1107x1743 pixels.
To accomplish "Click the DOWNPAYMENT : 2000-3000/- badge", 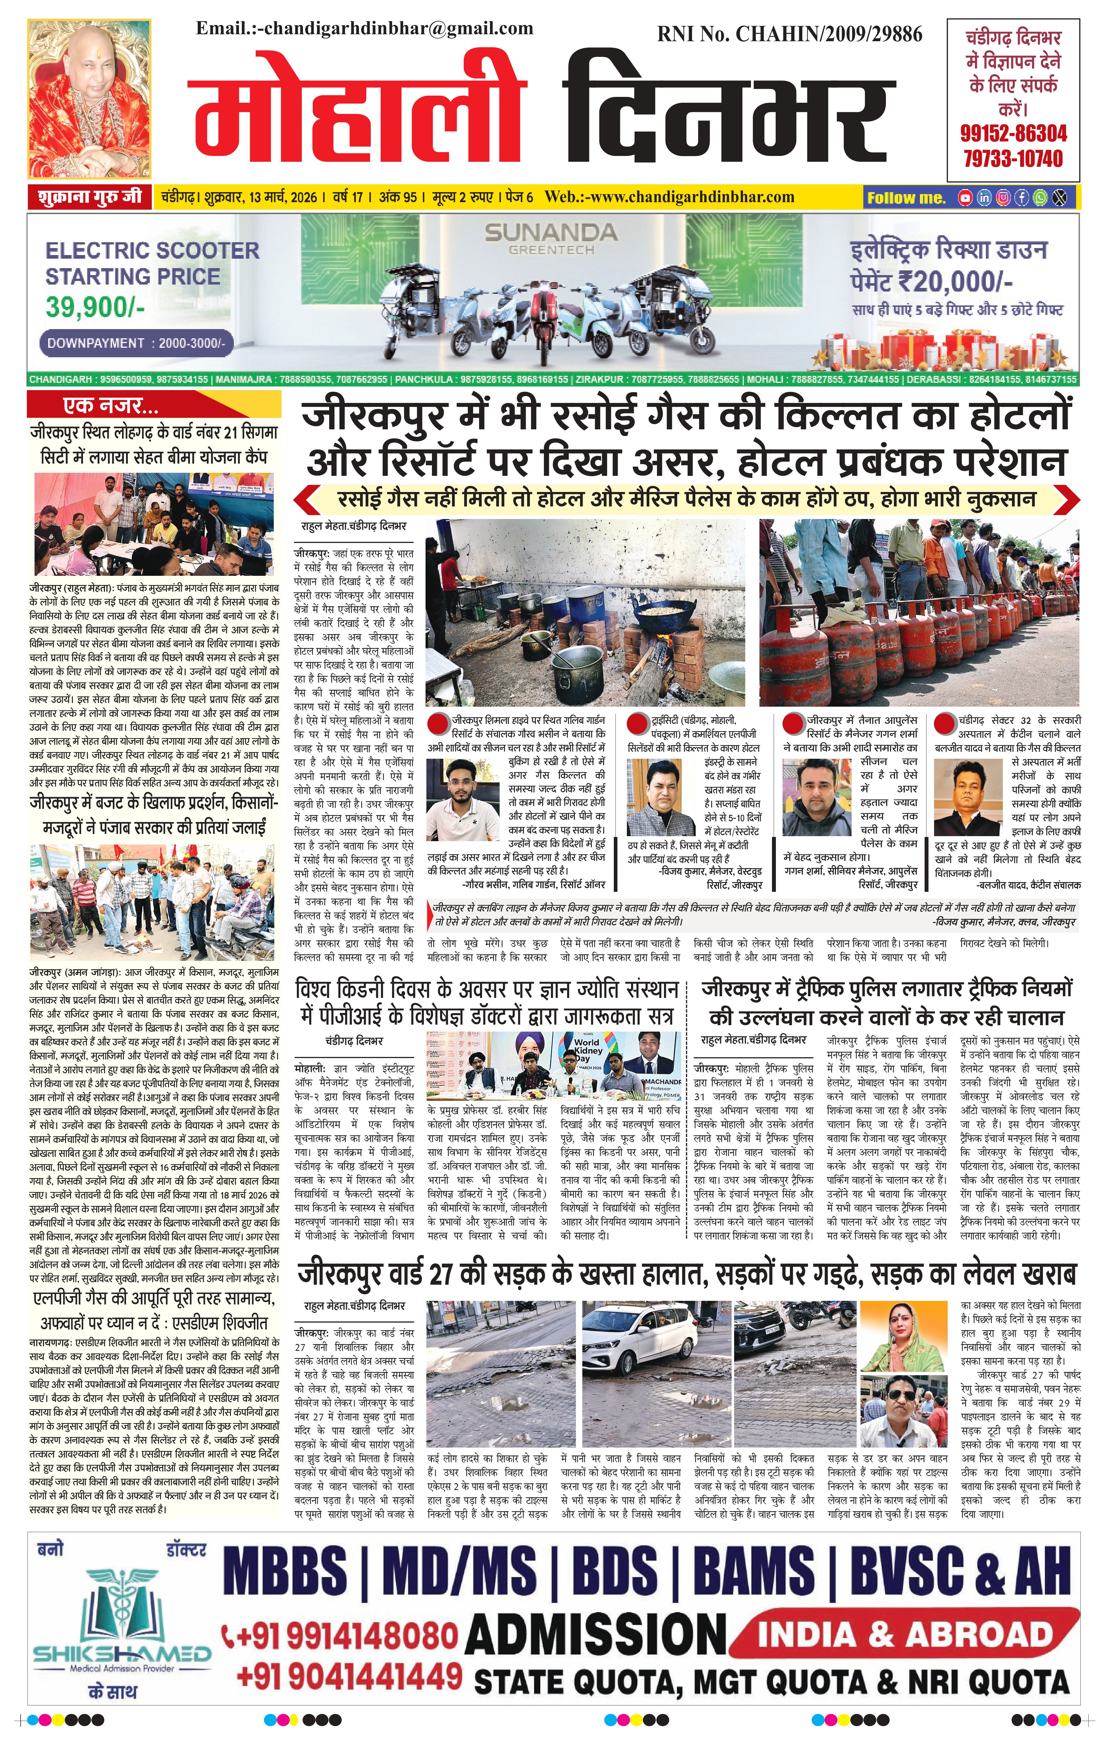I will tap(135, 343).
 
